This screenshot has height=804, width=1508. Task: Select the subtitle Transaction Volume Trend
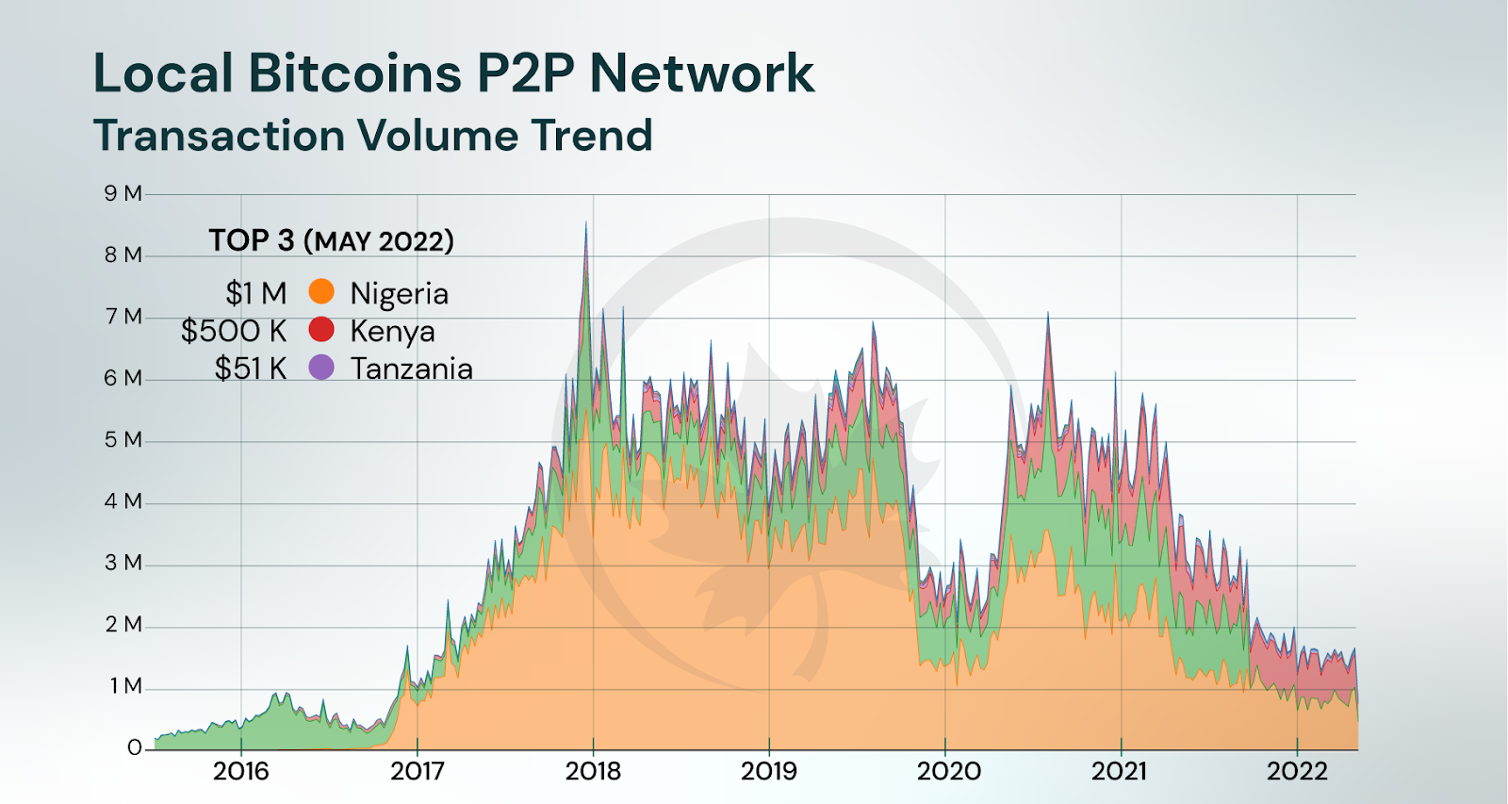(x=372, y=136)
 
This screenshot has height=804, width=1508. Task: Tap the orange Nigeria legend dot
(x=321, y=292)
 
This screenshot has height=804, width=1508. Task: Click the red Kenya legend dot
(x=321, y=330)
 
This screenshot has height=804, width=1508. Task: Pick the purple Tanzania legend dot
(x=321, y=368)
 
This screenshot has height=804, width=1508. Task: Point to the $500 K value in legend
(x=234, y=331)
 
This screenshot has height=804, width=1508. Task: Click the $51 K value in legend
(x=250, y=369)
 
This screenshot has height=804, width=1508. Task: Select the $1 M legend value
(x=255, y=293)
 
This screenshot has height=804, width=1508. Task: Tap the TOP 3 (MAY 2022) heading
(x=331, y=241)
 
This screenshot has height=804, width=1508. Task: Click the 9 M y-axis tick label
(x=123, y=193)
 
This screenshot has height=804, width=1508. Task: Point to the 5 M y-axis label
(x=123, y=440)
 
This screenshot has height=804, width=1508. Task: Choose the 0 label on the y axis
(x=134, y=747)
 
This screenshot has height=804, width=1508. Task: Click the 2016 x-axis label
(x=241, y=771)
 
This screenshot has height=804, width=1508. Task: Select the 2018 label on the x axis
(x=593, y=771)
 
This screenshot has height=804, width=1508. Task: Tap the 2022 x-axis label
(x=1297, y=771)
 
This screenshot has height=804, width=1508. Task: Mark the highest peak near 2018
(x=585, y=223)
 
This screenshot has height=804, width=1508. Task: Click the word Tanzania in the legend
(x=411, y=369)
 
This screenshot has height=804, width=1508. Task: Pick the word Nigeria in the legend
(x=399, y=293)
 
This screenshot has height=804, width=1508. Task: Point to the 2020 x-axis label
(x=948, y=771)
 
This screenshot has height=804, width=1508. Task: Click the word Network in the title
(x=701, y=73)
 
